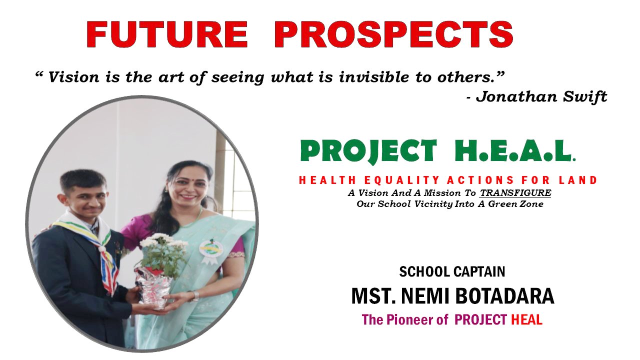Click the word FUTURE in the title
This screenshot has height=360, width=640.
pos(167,34)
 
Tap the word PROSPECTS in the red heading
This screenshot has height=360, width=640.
pos(393,34)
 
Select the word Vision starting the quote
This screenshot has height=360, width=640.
pos(73,77)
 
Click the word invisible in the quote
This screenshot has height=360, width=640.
pos(374,77)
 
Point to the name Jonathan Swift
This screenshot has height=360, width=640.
pos(541,96)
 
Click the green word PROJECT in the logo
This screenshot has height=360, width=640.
pos(368,151)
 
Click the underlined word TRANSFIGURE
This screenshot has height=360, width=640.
pos(515,193)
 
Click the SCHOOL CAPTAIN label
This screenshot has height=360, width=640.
pos(452,271)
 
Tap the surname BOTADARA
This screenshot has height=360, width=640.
pos(504,296)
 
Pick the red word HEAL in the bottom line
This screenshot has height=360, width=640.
pos(526,319)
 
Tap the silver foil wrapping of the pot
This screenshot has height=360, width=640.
pos(153,288)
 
